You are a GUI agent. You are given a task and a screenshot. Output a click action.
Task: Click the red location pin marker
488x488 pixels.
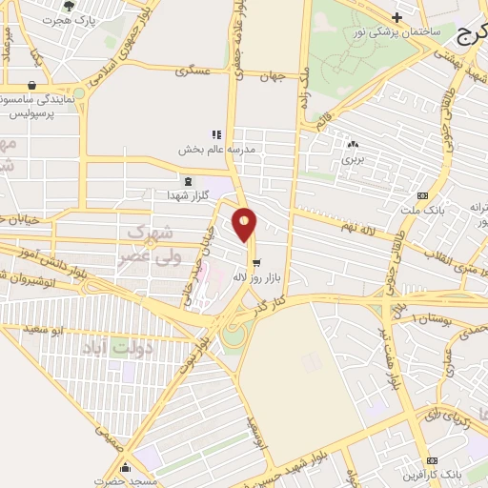[x=245, y=225]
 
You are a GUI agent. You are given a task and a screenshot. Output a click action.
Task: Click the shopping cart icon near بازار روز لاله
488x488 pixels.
[x=254, y=261]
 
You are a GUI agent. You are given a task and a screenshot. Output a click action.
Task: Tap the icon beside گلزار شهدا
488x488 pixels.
[x=187, y=180]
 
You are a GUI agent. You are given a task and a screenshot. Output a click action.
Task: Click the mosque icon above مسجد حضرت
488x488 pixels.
[x=127, y=467]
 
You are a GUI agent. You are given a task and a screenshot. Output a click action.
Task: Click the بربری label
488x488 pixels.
[x=354, y=159]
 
